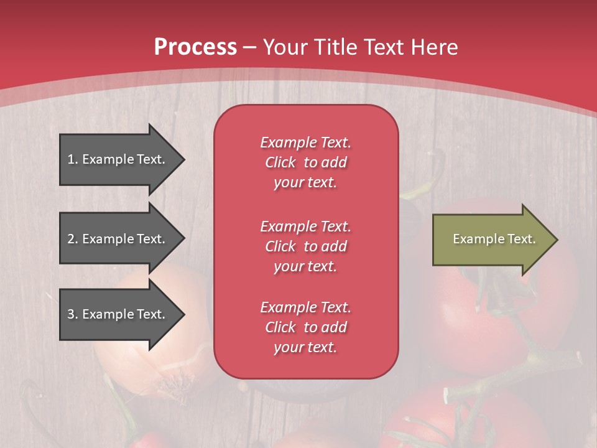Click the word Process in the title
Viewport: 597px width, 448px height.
coord(195,47)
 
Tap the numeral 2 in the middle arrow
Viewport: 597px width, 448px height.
coord(71,239)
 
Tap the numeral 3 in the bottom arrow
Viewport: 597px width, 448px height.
coord(71,314)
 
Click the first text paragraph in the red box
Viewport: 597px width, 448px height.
coord(305,162)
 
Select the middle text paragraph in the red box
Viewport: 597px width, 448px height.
coord(305,246)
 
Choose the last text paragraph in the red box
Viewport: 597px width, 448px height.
coord(305,327)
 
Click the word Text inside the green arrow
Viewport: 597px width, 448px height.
coord(522,239)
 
